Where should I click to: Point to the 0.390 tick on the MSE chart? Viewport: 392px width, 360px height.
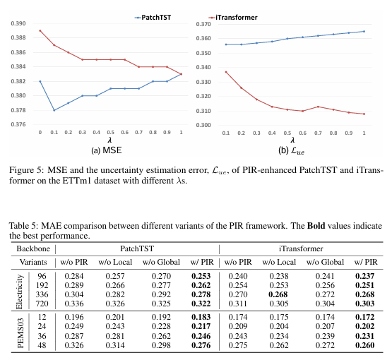(x=16, y=23)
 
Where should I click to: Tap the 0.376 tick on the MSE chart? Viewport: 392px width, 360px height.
(x=16, y=125)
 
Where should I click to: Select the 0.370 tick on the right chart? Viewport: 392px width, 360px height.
(x=203, y=23)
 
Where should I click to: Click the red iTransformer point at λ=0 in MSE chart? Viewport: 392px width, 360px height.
(x=40, y=30)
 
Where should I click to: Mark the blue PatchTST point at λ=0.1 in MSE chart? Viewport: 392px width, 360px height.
(x=54, y=110)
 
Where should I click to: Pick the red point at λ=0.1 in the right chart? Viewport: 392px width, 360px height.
(x=225, y=71)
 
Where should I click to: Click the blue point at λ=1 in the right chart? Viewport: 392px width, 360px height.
(x=364, y=31)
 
